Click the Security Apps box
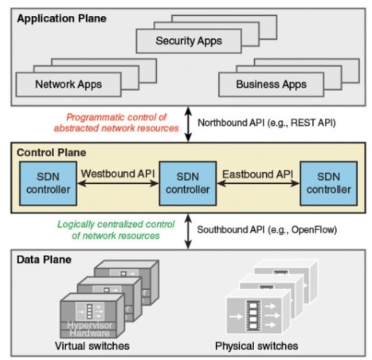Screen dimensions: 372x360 pos(189,41)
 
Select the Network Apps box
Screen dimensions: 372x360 pos(69,84)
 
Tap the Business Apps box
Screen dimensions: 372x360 pos(271,84)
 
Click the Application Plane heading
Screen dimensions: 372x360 pos(61,18)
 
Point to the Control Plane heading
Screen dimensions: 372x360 pos(51,153)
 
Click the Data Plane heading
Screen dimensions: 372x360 pos(44,260)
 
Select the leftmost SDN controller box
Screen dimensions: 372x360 pos(48,183)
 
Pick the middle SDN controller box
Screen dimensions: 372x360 pos(188,183)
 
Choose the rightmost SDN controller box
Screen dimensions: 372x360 pos(329,183)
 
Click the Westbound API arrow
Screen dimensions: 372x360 pos(118,183)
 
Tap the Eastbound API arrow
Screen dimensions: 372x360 pos(258,183)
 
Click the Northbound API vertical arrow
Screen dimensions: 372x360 pos(188,124)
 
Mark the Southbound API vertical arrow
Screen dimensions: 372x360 pos(188,231)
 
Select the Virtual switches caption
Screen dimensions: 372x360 pos(92,346)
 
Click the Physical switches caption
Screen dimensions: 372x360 pos(256,346)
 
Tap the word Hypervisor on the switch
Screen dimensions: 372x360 pos(89,325)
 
